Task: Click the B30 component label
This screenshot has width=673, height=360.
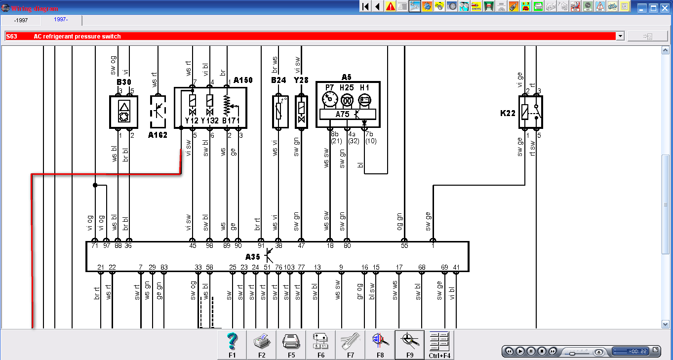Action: click(x=124, y=82)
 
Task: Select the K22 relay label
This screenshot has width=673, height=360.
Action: click(x=508, y=113)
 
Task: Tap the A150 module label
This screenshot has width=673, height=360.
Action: click(x=243, y=80)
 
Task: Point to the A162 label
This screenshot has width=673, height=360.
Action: click(x=158, y=134)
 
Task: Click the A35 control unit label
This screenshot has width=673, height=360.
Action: click(x=252, y=257)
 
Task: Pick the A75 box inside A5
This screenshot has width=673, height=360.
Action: click(x=343, y=114)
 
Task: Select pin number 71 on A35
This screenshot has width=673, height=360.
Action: click(x=95, y=245)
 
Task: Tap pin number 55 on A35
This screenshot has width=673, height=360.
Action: click(x=404, y=245)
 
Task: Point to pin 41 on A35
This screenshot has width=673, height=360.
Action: click(x=456, y=267)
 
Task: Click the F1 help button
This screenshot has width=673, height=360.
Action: click(x=233, y=345)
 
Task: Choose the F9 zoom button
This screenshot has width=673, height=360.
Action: click(x=409, y=345)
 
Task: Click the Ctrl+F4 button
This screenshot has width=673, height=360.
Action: click(x=439, y=345)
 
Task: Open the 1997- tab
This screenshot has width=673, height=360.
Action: click(x=62, y=20)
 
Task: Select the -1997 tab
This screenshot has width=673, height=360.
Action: click(x=21, y=20)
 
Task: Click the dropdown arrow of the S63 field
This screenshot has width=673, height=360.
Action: click(x=620, y=36)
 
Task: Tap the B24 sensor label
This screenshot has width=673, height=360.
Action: click(x=278, y=80)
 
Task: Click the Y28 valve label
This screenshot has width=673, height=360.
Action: click(x=301, y=80)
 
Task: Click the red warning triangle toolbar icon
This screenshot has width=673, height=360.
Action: click(x=391, y=6)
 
